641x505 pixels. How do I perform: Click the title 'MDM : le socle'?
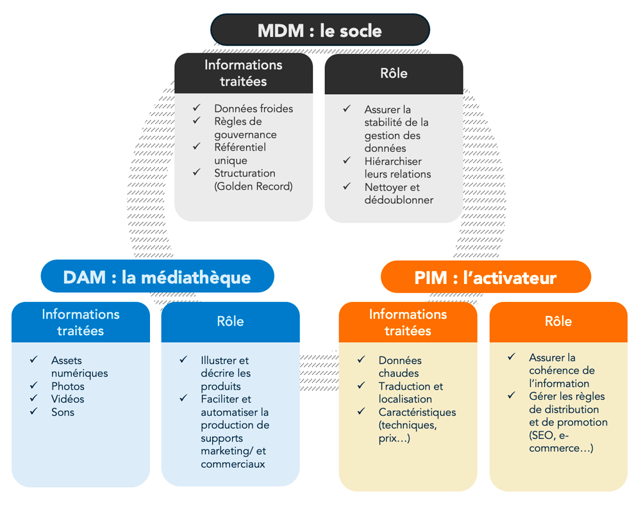320,30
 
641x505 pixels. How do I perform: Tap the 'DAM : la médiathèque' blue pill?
157,277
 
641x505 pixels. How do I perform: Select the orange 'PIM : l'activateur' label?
485,277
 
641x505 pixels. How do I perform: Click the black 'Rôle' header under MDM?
394,73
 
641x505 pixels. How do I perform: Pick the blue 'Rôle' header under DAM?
230,321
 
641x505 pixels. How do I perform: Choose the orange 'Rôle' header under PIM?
558,321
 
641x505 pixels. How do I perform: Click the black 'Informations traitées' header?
243,73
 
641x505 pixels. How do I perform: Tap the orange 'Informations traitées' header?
408,322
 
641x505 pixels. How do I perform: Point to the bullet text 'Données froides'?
253,108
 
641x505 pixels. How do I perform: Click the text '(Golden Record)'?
253,186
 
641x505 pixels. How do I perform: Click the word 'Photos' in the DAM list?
67,386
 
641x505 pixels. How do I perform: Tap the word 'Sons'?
63,412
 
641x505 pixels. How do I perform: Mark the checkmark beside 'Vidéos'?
34,398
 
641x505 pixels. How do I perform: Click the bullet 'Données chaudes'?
399,367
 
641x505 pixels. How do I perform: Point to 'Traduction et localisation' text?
410,392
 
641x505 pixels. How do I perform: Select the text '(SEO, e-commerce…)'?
560,442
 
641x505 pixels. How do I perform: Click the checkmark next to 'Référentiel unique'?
197,146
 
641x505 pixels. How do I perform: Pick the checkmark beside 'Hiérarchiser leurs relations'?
347,160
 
